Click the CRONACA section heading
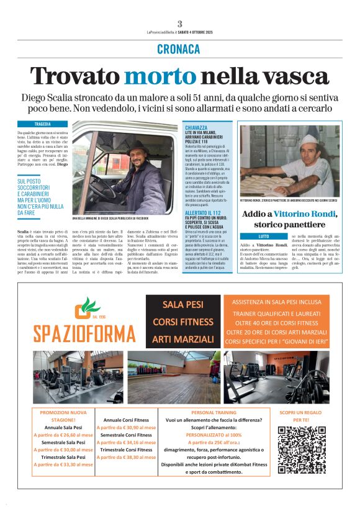pyautogui.click(x=179, y=49)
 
